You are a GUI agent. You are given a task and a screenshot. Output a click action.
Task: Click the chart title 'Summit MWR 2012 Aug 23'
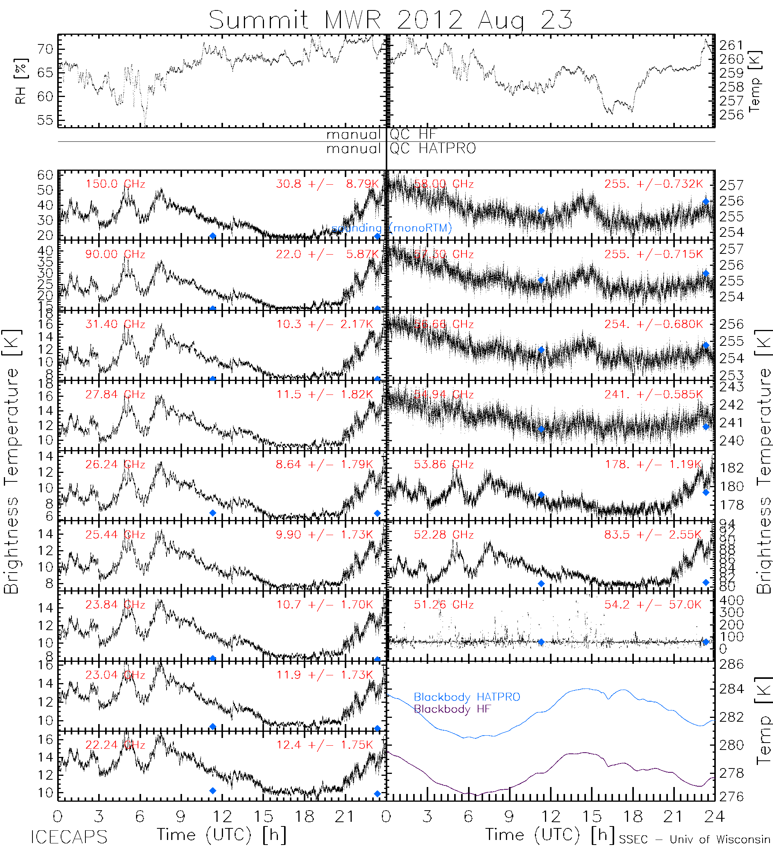(x=390, y=20)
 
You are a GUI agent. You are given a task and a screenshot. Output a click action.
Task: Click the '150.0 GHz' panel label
(x=115, y=184)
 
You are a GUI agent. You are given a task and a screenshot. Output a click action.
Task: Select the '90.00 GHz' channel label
(x=115, y=254)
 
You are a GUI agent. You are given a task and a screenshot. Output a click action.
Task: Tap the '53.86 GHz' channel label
(x=444, y=465)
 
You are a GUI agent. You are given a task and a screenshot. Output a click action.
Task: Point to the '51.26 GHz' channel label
(x=444, y=605)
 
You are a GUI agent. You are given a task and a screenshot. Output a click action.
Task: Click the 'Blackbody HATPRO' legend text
(x=467, y=697)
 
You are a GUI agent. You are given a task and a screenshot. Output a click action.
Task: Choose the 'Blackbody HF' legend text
(x=452, y=709)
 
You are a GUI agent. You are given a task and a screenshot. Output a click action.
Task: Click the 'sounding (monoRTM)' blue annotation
(x=392, y=228)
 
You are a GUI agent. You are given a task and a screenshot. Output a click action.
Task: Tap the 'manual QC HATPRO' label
(x=401, y=149)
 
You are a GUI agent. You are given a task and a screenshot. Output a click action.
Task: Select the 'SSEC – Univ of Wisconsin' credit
(x=695, y=840)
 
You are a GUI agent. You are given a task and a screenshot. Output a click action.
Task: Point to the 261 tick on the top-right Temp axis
(x=731, y=45)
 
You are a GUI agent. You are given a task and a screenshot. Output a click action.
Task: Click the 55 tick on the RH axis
(x=45, y=120)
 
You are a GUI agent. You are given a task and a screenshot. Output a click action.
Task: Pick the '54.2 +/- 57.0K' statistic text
(x=653, y=605)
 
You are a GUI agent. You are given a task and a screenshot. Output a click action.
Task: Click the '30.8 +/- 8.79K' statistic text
(x=327, y=184)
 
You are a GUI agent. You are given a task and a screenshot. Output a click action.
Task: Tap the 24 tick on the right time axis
(x=714, y=817)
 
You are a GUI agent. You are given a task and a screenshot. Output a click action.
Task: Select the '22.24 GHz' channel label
(x=115, y=745)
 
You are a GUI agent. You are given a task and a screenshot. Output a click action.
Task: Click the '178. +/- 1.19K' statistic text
(x=653, y=465)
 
